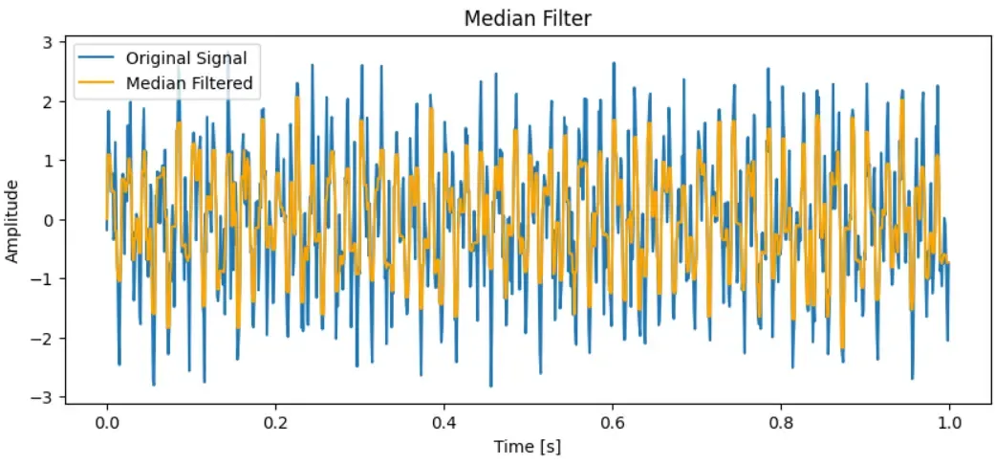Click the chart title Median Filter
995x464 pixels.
pos(528,18)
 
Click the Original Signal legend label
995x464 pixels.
pos(186,58)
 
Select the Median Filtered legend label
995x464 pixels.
pos(189,83)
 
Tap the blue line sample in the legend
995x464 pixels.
pos(98,58)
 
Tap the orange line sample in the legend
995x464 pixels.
pos(98,83)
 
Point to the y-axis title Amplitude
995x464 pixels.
pos(12,219)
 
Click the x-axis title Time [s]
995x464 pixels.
pos(528,447)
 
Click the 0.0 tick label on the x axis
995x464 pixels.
pos(106,422)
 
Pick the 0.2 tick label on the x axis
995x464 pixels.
pos(275,422)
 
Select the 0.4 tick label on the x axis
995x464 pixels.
pos(443,422)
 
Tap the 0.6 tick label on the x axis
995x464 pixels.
pos(612,422)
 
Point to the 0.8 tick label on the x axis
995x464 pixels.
pos(781,422)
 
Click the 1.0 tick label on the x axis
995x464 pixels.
pos(949,422)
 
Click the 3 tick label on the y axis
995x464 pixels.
pos(59,42)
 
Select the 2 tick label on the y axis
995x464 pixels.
pos(59,101)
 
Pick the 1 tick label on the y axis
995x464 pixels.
pos(59,161)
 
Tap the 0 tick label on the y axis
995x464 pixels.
pos(59,220)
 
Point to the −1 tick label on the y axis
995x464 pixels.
pos(54,278)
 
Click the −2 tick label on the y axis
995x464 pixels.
pos(54,338)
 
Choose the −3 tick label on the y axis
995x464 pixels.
pos(54,397)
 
